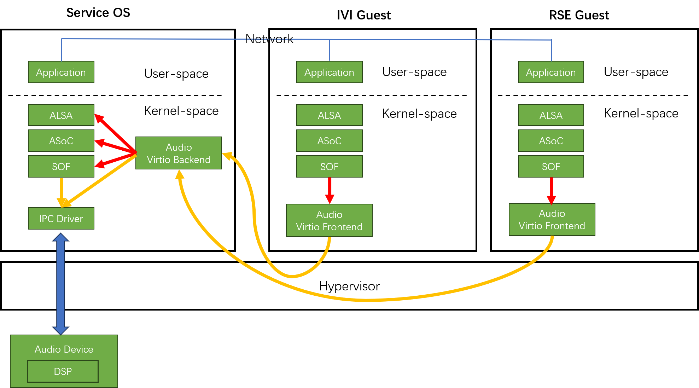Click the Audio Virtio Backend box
(179, 153)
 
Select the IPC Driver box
(61, 219)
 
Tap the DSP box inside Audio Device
(63, 371)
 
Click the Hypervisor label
(349, 286)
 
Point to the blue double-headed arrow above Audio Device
(60, 283)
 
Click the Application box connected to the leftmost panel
(61, 72)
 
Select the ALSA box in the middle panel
(329, 115)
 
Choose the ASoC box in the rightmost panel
(551, 141)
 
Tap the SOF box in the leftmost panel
(61, 167)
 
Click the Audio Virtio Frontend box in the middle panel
(329, 220)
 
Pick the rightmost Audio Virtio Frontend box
(552, 220)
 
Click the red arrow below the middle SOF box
(330, 190)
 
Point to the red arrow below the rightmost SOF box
(551, 190)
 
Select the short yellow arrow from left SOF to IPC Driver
(62, 192)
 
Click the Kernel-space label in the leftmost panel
(181, 111)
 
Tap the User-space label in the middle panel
(414, 72)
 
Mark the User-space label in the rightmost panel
(636, 72)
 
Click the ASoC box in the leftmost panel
(61, 141)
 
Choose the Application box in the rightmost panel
(551, 72)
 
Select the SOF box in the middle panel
(329, 167)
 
